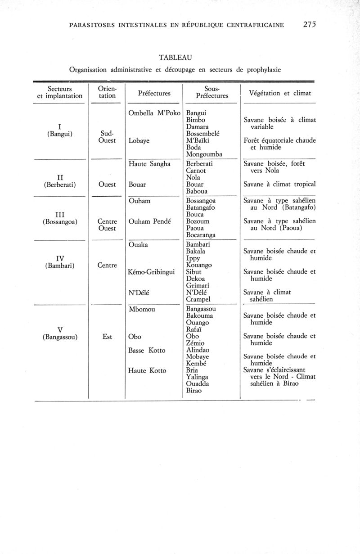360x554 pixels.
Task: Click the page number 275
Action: pos(310,25)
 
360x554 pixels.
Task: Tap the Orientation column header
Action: pos(107,92)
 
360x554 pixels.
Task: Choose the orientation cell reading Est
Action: pos(107,337)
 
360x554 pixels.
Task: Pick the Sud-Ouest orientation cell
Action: pos(107,137)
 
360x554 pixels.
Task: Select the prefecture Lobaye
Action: pos(139,141)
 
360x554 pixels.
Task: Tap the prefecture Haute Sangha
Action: pos(149,164)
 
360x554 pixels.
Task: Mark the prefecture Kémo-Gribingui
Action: pos(152,272)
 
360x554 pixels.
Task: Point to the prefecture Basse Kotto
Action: pos(147,351)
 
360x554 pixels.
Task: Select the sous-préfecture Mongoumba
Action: pos(204,154)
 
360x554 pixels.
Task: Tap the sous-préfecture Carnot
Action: pos(196,171)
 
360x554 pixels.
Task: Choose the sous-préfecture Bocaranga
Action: pos(201,235)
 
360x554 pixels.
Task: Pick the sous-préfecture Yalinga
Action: pos(197,377)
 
